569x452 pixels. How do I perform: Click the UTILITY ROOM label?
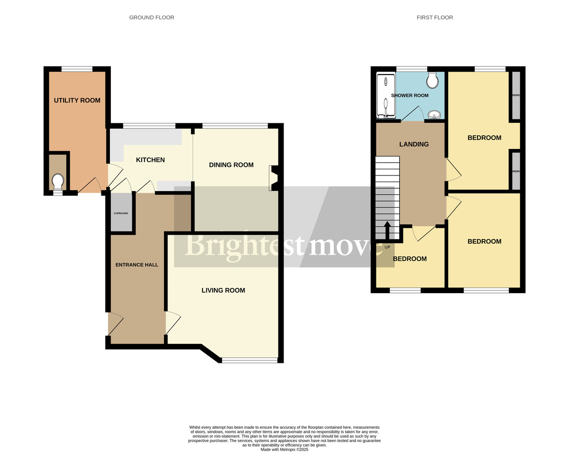tap(77, 100)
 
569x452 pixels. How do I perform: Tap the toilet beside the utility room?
tap(58, 182)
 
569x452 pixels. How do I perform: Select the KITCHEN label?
tap(150, 160)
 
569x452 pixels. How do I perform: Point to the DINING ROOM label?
tap(231, 165)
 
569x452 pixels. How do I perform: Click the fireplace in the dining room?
tap(273, 178)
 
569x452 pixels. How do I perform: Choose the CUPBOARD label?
tap(120, 213)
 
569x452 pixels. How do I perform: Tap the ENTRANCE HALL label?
tap(137, 265)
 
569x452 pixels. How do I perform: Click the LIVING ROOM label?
tap(223, 290)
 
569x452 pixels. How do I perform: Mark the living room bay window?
tap(249, 360)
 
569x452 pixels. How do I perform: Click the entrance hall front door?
tap(115, 324)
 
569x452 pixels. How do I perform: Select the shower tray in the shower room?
tap(385, 96)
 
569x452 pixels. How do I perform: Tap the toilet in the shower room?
tap(432, 81)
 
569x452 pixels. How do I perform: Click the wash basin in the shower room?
tap(433, 114)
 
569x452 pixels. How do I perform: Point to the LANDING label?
tap(413, 144)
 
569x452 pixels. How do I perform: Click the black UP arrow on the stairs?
tap(387, 231)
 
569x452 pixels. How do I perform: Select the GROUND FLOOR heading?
tap(152, 18)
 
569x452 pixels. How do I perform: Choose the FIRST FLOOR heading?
tap(435, 18)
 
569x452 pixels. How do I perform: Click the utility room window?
tap(77, 69)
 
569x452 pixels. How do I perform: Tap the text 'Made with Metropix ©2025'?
tap(284, 449)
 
